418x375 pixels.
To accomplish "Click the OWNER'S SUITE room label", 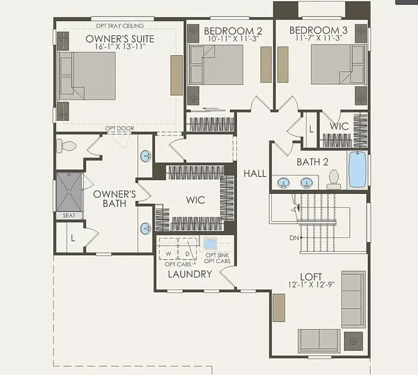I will coord(120,39).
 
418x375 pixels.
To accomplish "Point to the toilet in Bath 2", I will coord(334,179).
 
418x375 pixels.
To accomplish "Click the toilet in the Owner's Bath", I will coord(65,146).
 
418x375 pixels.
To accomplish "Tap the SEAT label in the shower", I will coord(68,215).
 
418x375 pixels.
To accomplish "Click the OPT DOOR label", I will coord(119,128).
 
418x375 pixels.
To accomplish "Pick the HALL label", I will coord(255,173).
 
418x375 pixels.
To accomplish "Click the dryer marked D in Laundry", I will coord(187,254).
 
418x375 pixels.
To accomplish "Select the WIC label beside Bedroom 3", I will coord(338,126).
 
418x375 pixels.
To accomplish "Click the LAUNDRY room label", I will coord(190,274).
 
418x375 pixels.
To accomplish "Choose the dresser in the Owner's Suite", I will coord(176,75).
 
